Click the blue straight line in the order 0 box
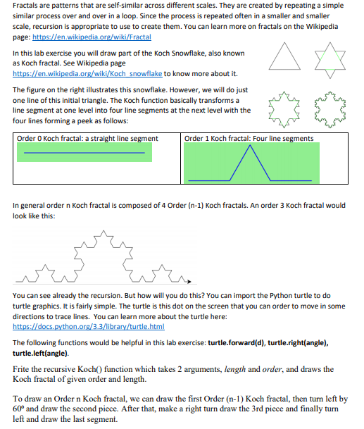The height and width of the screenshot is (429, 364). tap(84, 152)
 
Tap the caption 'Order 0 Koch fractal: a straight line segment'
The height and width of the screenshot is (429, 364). tap(88, 138)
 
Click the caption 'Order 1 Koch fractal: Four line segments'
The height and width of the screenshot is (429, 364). tap(249, 138)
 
